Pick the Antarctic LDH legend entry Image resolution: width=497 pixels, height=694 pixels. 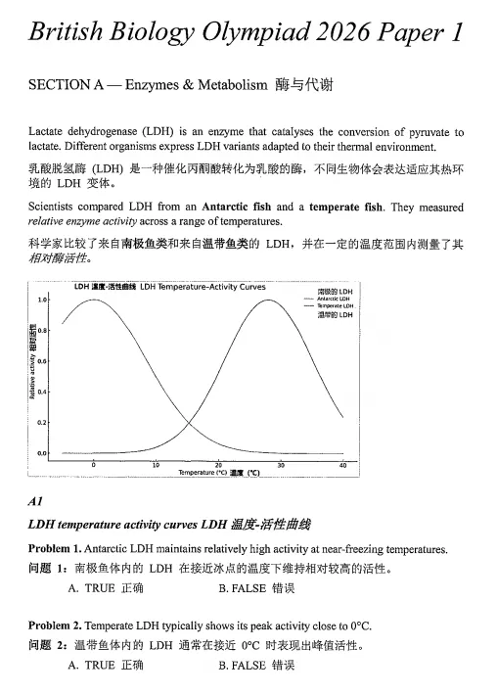tap(335, 299)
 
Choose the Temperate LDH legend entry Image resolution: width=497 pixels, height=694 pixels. tap(335, 305)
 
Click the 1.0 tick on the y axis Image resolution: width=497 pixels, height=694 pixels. tap(43, 299)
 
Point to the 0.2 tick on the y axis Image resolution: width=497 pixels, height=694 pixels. tap(43, 423)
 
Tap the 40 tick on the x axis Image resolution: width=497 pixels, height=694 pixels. tap(342, 464)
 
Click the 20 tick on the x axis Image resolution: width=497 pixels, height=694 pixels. tap(217, 464)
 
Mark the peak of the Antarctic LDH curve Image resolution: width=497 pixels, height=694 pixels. tap(94, 300)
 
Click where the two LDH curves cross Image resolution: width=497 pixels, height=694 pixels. tap(182, 424)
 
